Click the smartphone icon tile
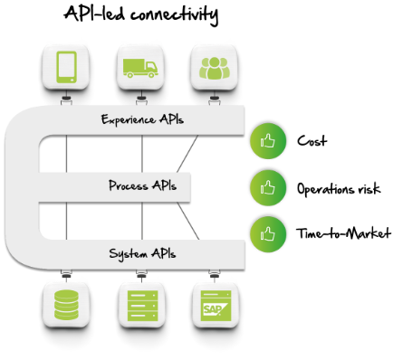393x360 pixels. click(66, 66)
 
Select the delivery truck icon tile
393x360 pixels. click(140, 66)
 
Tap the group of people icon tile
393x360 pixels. click(215, 66)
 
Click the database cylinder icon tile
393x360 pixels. click(66, 304)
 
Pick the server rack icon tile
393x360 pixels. click(141, 304)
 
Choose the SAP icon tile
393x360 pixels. click(216, 304)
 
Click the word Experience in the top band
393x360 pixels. click(127, 119)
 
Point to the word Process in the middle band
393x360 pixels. click(129, 186)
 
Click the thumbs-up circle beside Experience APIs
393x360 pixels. click(268, 141)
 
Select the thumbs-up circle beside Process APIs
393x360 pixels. click(268, 188)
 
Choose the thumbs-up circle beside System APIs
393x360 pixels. click(268, 234)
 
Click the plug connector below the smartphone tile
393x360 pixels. click(66, 99)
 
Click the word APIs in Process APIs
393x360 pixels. click(164, 186)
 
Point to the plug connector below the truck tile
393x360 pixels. click(140, 99)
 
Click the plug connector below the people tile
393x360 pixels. click(215, 99)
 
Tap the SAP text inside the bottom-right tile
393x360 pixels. click(212, 308)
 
